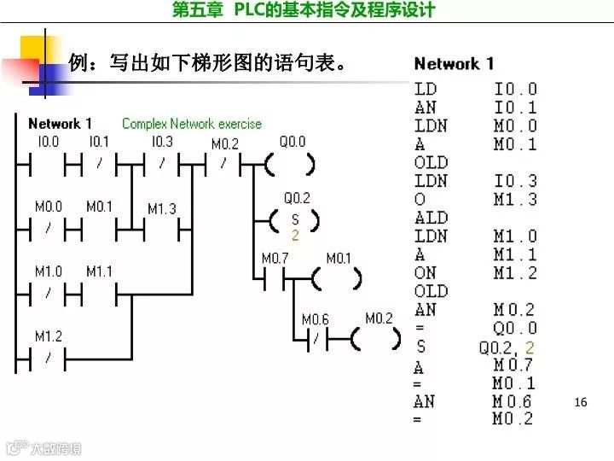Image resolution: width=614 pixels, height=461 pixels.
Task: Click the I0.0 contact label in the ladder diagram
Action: click(48, 142)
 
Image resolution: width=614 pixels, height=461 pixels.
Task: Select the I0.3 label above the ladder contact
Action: click(162, 142)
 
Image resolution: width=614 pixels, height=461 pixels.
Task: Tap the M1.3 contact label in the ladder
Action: click(162, 208)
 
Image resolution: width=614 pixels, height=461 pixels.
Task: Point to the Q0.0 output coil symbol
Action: click(292, 164)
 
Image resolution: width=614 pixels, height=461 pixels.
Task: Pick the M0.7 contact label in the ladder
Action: click(275, 258)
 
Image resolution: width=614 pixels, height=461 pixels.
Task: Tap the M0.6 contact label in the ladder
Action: click(315, 319)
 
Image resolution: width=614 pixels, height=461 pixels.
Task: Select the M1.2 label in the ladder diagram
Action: click(49, 336)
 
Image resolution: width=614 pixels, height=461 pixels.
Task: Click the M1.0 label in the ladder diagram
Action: click(49, 271)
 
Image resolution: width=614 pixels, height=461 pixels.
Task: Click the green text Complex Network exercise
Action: click(192, 124)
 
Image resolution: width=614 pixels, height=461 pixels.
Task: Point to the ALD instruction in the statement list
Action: click(431, 218)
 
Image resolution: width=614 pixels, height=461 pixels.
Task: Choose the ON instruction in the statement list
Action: click(425, 273)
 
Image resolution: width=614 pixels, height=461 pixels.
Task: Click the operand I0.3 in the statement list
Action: click(516, 181)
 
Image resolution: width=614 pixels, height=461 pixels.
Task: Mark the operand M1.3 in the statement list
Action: click(516, 200)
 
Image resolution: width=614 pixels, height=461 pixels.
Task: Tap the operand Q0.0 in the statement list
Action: click(516, 328)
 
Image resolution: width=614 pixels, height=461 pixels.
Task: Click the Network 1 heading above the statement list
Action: click(454, 63)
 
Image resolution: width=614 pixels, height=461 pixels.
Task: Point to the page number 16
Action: click(582, 401)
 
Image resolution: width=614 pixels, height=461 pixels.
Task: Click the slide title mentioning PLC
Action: click(304, 10)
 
